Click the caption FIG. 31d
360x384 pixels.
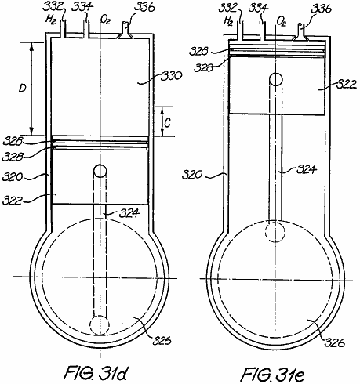click(x=96, y=372)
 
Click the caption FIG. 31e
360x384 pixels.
click(x=272, y=374)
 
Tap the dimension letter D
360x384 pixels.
click(x=23, y=89)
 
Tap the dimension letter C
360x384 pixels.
click(x=168, y=122)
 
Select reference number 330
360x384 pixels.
click(x=171, y=76)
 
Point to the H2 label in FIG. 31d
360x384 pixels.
click(x=51, y=20)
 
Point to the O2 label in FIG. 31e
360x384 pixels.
click(x=282, y=21)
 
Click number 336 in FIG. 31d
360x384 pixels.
click(x=144, y=8)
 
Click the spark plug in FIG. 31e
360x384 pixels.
click(x=301, y=32)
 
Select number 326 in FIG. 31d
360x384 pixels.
click(x=162, y=340)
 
